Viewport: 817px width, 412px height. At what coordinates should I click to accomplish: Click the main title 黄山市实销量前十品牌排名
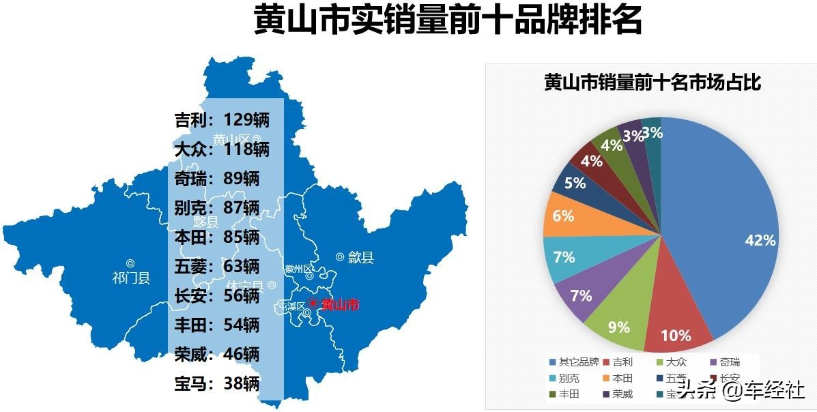pos(448,20)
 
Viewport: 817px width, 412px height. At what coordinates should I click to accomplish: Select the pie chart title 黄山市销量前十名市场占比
pos(652,83)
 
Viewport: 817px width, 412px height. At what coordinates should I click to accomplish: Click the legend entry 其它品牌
pos(574,362)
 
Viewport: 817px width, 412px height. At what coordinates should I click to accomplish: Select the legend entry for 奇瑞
pos(725,362)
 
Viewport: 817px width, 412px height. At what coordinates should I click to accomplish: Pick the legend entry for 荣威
pos(618,394)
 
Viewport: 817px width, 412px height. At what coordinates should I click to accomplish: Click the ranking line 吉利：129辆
pos(222,121)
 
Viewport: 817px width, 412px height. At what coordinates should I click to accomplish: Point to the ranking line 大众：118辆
pos(222,149)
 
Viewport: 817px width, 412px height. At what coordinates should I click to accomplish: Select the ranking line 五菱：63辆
pos(217,266)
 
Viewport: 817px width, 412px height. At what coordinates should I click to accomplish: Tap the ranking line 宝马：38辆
pos(217,383)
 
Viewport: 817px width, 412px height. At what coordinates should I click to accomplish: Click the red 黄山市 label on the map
pos(339,305)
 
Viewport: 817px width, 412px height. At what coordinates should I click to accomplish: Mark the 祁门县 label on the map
pos(130,278)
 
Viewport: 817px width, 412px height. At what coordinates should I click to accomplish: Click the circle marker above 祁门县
pos(130,263)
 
